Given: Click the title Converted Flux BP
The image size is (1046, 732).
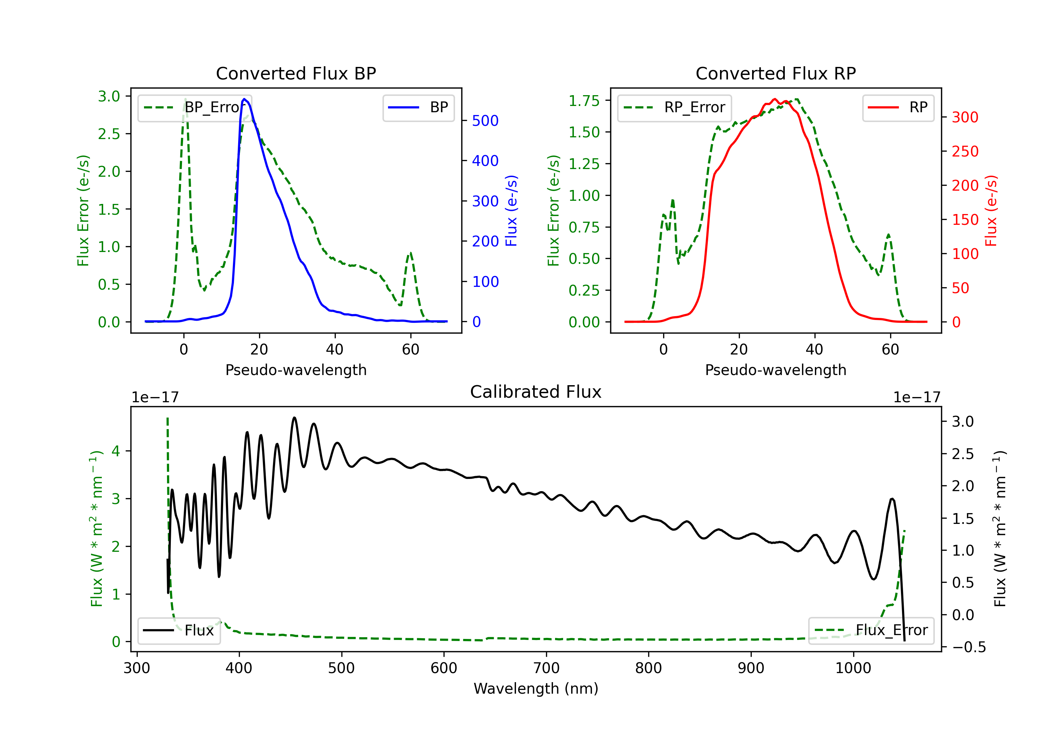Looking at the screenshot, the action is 296,73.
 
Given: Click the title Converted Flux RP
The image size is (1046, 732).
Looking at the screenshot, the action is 775,73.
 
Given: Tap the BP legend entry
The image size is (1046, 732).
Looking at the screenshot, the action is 418,107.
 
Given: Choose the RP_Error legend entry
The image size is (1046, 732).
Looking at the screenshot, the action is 674,107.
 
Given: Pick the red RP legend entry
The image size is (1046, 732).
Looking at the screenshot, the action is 898,107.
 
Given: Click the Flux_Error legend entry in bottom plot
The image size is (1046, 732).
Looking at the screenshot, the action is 871,631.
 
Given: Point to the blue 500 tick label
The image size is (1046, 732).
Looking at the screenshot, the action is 485,121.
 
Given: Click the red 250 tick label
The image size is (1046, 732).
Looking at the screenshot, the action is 965,151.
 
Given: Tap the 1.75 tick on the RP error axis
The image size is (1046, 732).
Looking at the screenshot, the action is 584,101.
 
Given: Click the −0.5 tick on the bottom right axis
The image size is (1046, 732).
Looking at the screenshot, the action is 969,647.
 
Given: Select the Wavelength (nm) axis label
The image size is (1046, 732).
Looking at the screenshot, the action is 536,688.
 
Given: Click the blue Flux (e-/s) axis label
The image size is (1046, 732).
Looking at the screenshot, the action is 511,211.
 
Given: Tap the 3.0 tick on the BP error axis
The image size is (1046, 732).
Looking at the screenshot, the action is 109,97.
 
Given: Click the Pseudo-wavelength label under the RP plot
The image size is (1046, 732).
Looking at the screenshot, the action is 775,370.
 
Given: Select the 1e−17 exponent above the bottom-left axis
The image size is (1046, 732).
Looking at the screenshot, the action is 155,397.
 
